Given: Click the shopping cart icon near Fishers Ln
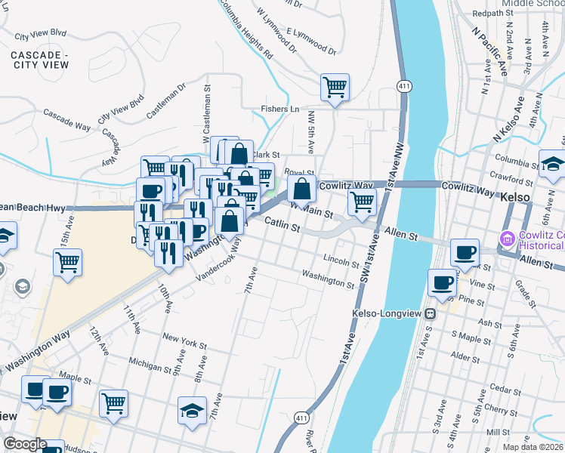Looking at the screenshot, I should pyautogui.click(x=335, y=86).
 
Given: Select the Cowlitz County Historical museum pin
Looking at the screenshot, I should pyautogui.click(x=507, y=239).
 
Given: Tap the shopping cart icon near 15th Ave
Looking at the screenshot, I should pyautogui.click(x=68, y=263).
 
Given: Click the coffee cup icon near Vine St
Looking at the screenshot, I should pyautogui.click(x=465, y=252).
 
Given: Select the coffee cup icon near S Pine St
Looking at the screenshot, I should pyautogui.click(x=442, y=282).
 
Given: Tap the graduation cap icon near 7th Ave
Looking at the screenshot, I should pyautogui.click(x=193, y=410).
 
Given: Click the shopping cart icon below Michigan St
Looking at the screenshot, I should pyautogui.click(x=113, y=402).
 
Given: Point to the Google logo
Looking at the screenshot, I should pyautogui.click(x=24, y=444).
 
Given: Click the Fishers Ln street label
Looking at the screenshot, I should pyautogui.click(x=280, y=109).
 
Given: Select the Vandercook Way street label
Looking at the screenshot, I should pyautogui.click(x=216, y=267).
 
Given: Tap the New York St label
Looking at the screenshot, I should pyautogui.click(x=184, y=341).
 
